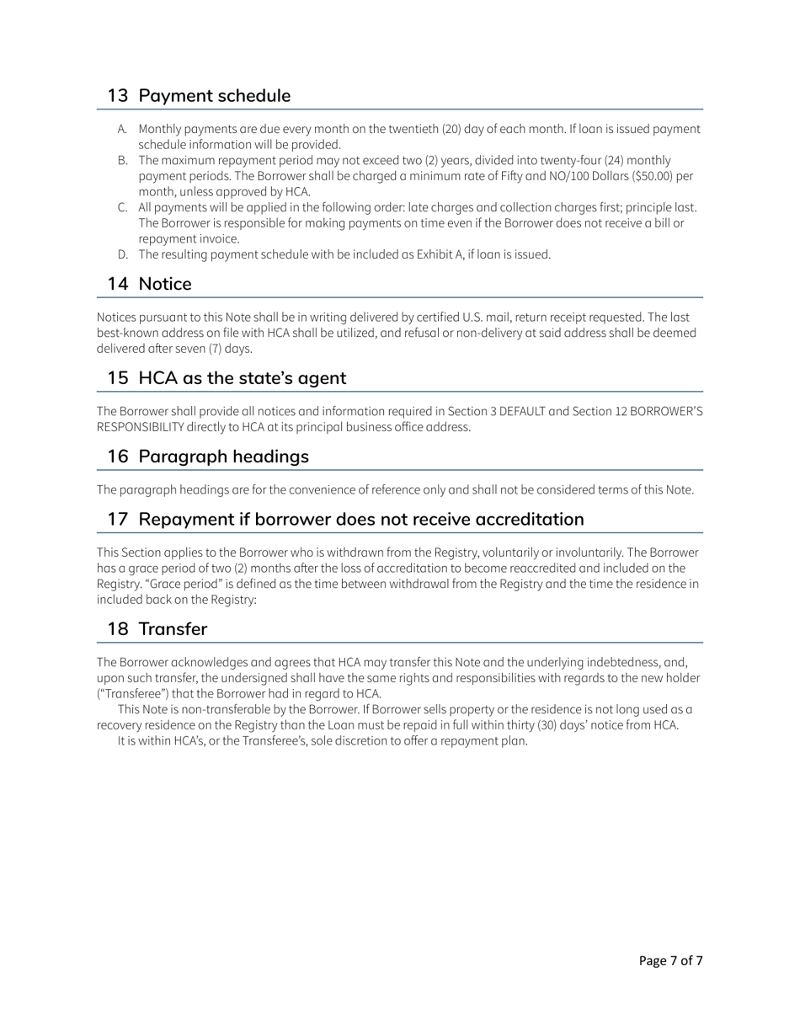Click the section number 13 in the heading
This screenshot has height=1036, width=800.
tap(117, 96)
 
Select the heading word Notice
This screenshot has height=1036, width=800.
tap(165, 285)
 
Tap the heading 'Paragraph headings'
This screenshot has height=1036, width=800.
tap(223, 457)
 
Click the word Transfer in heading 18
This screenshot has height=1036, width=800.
tap(173, 629)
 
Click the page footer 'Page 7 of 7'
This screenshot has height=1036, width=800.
tap(670, 961)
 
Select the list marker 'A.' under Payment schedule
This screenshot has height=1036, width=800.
tap(122, 130)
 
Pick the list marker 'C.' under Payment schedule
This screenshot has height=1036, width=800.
tap(122, 208)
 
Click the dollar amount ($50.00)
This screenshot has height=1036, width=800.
tap(648, 176)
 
